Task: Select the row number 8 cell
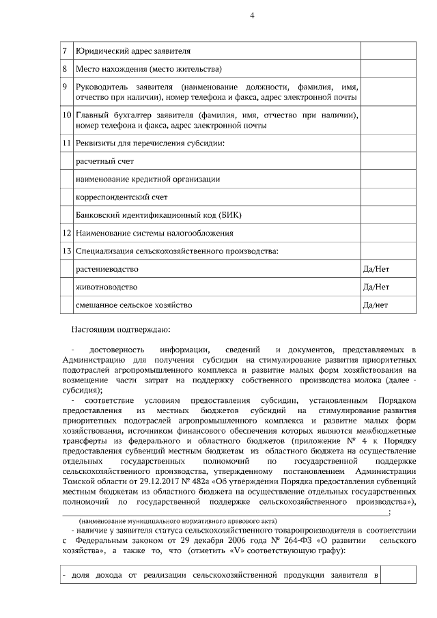point(65,70)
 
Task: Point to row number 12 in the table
point(66,234)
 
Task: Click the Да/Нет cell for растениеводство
point(376,270)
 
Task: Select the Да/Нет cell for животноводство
point(376,287)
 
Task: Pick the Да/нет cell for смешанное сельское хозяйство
point(376,305)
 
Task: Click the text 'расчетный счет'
point(104,161)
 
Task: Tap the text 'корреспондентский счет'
point(120,197)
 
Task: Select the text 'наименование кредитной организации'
point(147,179)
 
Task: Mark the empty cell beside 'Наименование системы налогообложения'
point(387,234)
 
